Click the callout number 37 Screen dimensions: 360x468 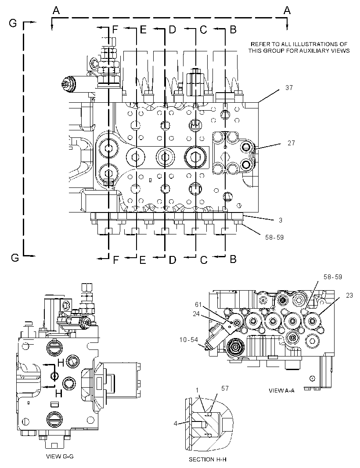pyautogui.click(x=289, y=87)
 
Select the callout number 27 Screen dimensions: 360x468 pyautogui.click(x=291, y=143)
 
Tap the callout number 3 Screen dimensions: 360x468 pyautogui.click(x=281, y=220)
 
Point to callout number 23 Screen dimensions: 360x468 pyautogui.click(x=349, y=295)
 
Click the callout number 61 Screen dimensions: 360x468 pyautogui.click(x=198, y=305)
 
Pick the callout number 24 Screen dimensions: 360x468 pyautogui.click(x=196, y=314)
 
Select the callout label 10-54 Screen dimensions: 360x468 pyautogui.click(x=189, y=339)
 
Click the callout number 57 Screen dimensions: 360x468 pyautogui.click(x=225, y=388)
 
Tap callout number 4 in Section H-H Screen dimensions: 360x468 pyautogui.click(x=176, y=423)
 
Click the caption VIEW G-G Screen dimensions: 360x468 pyautogui.click(x=60, y=456)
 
